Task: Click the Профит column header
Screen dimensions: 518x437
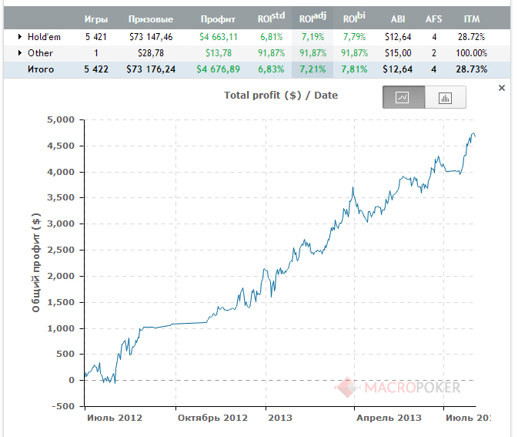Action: click(218, 19)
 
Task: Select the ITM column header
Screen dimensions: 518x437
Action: click(471, 19)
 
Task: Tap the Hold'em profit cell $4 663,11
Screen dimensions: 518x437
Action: click(219, 37)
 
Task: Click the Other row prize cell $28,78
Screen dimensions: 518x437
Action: click(151, 53)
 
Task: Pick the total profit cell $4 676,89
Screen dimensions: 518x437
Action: click(218, 69)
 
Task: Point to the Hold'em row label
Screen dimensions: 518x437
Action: click(44, 37)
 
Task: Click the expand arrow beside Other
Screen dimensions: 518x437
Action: click(20, 52)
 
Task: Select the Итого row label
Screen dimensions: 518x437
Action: click(41, 69)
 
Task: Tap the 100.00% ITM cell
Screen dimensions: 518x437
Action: click(471, 53)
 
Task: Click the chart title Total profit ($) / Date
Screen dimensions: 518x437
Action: click(281, 96)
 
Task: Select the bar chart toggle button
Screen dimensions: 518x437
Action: click(446, 97)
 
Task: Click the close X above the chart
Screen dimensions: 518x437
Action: click(502, 88)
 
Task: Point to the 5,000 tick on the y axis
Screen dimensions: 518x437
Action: click(61, 119)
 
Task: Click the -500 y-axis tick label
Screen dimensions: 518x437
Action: click(63, 406)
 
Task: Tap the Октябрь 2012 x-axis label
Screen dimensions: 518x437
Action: click(212, 418)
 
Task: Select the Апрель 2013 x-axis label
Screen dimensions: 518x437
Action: click(389, 418)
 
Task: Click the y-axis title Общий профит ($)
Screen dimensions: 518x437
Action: click(36, 263)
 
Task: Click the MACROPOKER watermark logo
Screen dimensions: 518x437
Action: click(397, 387)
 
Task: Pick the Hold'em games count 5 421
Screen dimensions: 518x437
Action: click(95, 37)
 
